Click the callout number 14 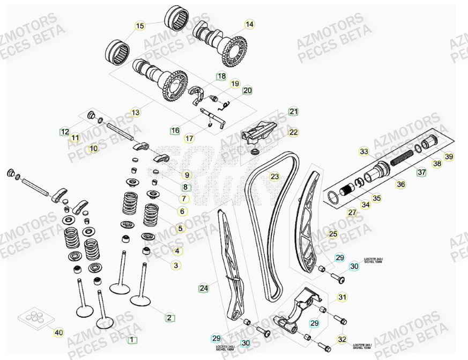pos(249,24)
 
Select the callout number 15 pos(140,26)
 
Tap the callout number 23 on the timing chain pos(274,177)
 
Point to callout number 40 pos(59,333)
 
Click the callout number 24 pos(204,288)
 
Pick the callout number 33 pos(364,152)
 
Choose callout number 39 pos(449,157)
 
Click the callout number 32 pos(342,339)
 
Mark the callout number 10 pos(93,148)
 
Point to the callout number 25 pos(333,234)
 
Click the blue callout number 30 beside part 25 pos(354,266)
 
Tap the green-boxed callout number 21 pos(293,112)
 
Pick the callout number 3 pos(176,265)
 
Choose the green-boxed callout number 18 pos(221,76)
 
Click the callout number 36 pos(400,185)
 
